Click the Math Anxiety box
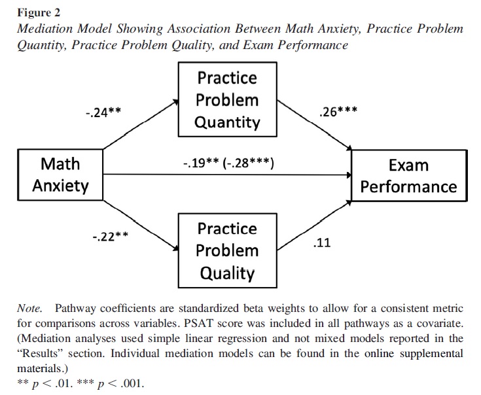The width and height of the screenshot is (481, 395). pyautogui.click(x=60, y=174)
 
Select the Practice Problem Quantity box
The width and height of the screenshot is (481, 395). pyautogui.click(x=227, y=100)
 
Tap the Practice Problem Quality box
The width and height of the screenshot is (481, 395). pyautogui.click(x=227, y=250)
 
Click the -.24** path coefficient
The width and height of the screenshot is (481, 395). pyautogui.click(x=103, y=112)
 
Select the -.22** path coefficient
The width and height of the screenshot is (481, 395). pyautogui.click(x=110, y=237)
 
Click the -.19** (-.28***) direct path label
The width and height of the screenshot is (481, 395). pyautogui.click(x=228, y=163)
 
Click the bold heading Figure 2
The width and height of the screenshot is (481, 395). pyautogui.click(x=39, y=12)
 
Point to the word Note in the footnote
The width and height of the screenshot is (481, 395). pyautogui.click(x=30, y=308)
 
